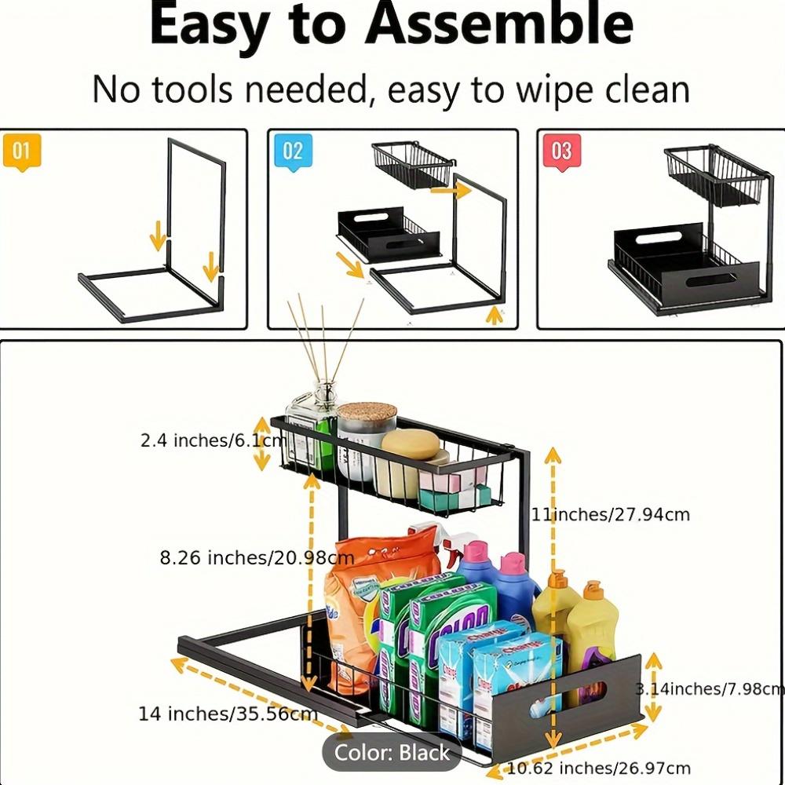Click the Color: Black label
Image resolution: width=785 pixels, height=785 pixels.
pyautogui.click(x=392, y=753)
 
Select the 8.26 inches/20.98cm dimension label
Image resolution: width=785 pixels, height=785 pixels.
pyautogui.click(x=257, y=558)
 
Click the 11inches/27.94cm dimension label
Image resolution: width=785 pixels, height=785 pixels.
pyautogui.click(x=611, y=515)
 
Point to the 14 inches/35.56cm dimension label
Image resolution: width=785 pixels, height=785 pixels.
pyautogui.click(x=228, y=714)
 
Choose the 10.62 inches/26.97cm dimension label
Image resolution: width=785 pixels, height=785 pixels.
pyautogui.click(x=599, y=768)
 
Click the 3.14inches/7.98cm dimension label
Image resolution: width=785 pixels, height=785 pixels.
pyautogui.click(x=710, y=689)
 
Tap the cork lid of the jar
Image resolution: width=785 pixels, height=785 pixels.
pyautogui.click(x=367, y=414)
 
